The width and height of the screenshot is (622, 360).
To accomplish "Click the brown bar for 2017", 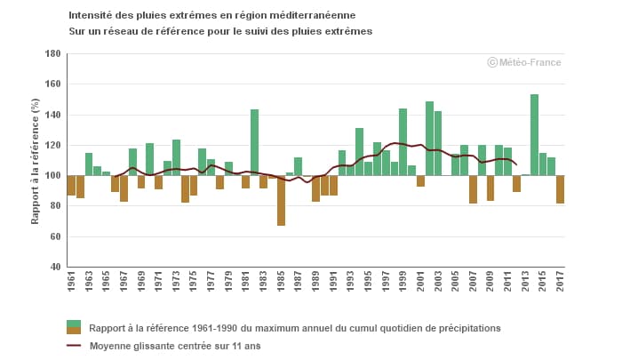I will pyautogui.click(x=560, y=189).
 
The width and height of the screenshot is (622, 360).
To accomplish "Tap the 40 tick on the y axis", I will pyautogui.click(x=54, y=268).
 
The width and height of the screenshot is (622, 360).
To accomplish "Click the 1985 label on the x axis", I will pyautogui.click(x=281, y=286).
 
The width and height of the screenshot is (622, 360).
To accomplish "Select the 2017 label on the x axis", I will pyautogui.click(x=561, y=286).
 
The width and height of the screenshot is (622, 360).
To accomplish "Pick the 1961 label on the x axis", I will pyautogui.click(x=71, y=286).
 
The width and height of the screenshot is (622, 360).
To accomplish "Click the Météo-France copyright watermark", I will pyautogui.click(x=523, y=62).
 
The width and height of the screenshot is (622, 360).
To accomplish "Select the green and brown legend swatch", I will pyautogui.click(x=73, y=327).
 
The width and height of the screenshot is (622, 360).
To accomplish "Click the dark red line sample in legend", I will pyautogui.click(x=73, y=346).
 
